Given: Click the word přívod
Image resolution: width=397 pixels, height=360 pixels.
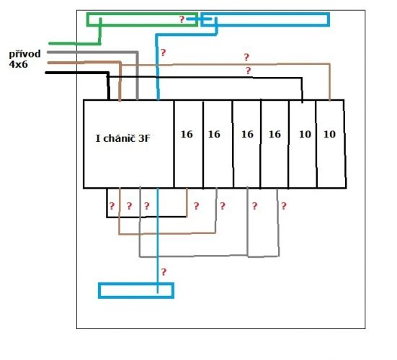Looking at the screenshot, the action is (x=24, y=55).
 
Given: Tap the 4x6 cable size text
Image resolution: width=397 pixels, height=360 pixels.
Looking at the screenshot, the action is (x=18, y=65).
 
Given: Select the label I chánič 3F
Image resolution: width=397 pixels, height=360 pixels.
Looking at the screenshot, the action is (x=123, y=138).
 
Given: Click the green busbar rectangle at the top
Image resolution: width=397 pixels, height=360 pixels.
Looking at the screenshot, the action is (x=142, y=14).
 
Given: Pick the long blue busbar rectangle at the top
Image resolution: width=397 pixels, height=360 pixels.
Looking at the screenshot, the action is (x=265, y=14).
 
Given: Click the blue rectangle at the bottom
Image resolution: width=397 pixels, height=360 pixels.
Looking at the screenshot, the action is (x=136, y=284).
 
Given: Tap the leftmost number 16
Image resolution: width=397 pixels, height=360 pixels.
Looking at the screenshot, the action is (x=187, y=134).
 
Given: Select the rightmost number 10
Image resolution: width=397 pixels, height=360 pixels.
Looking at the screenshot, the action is (x=330, y=134).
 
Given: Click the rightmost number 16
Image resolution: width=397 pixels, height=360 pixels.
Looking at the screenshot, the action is (x=275, y=134).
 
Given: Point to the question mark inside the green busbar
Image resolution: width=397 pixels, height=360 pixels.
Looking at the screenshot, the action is (x=182, y=19).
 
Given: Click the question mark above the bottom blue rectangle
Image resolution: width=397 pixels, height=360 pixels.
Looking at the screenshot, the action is (x=164, y=272).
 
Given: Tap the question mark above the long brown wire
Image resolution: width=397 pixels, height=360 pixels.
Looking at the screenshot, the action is (x=246, y=57).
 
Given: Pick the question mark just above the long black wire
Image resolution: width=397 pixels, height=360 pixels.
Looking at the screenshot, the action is (x=249, y=71).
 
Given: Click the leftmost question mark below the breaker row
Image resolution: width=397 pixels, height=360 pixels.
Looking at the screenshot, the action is (x=112, y=206).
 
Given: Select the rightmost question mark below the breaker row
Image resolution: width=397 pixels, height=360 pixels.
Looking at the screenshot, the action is (x=284, y=206).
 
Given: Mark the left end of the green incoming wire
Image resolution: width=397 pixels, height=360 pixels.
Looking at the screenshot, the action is (x=49, y=43).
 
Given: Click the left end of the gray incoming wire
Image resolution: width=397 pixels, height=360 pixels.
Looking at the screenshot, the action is (x=48, y=53).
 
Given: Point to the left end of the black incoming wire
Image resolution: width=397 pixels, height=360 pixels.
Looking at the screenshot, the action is (x=46, y=73).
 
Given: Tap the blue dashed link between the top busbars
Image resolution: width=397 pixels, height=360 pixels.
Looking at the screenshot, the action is (x=199, y=19).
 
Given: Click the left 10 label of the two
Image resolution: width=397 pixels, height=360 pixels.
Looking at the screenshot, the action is (x=305, y=134).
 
